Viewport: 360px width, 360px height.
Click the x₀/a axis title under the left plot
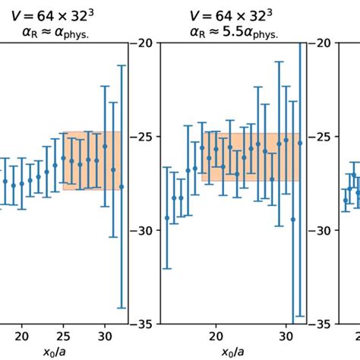click(63, 352)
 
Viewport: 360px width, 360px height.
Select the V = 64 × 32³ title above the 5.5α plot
click(232, 13)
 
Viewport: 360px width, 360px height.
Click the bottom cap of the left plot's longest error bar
click(122, 308)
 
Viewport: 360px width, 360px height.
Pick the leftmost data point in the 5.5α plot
click(166, 218)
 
